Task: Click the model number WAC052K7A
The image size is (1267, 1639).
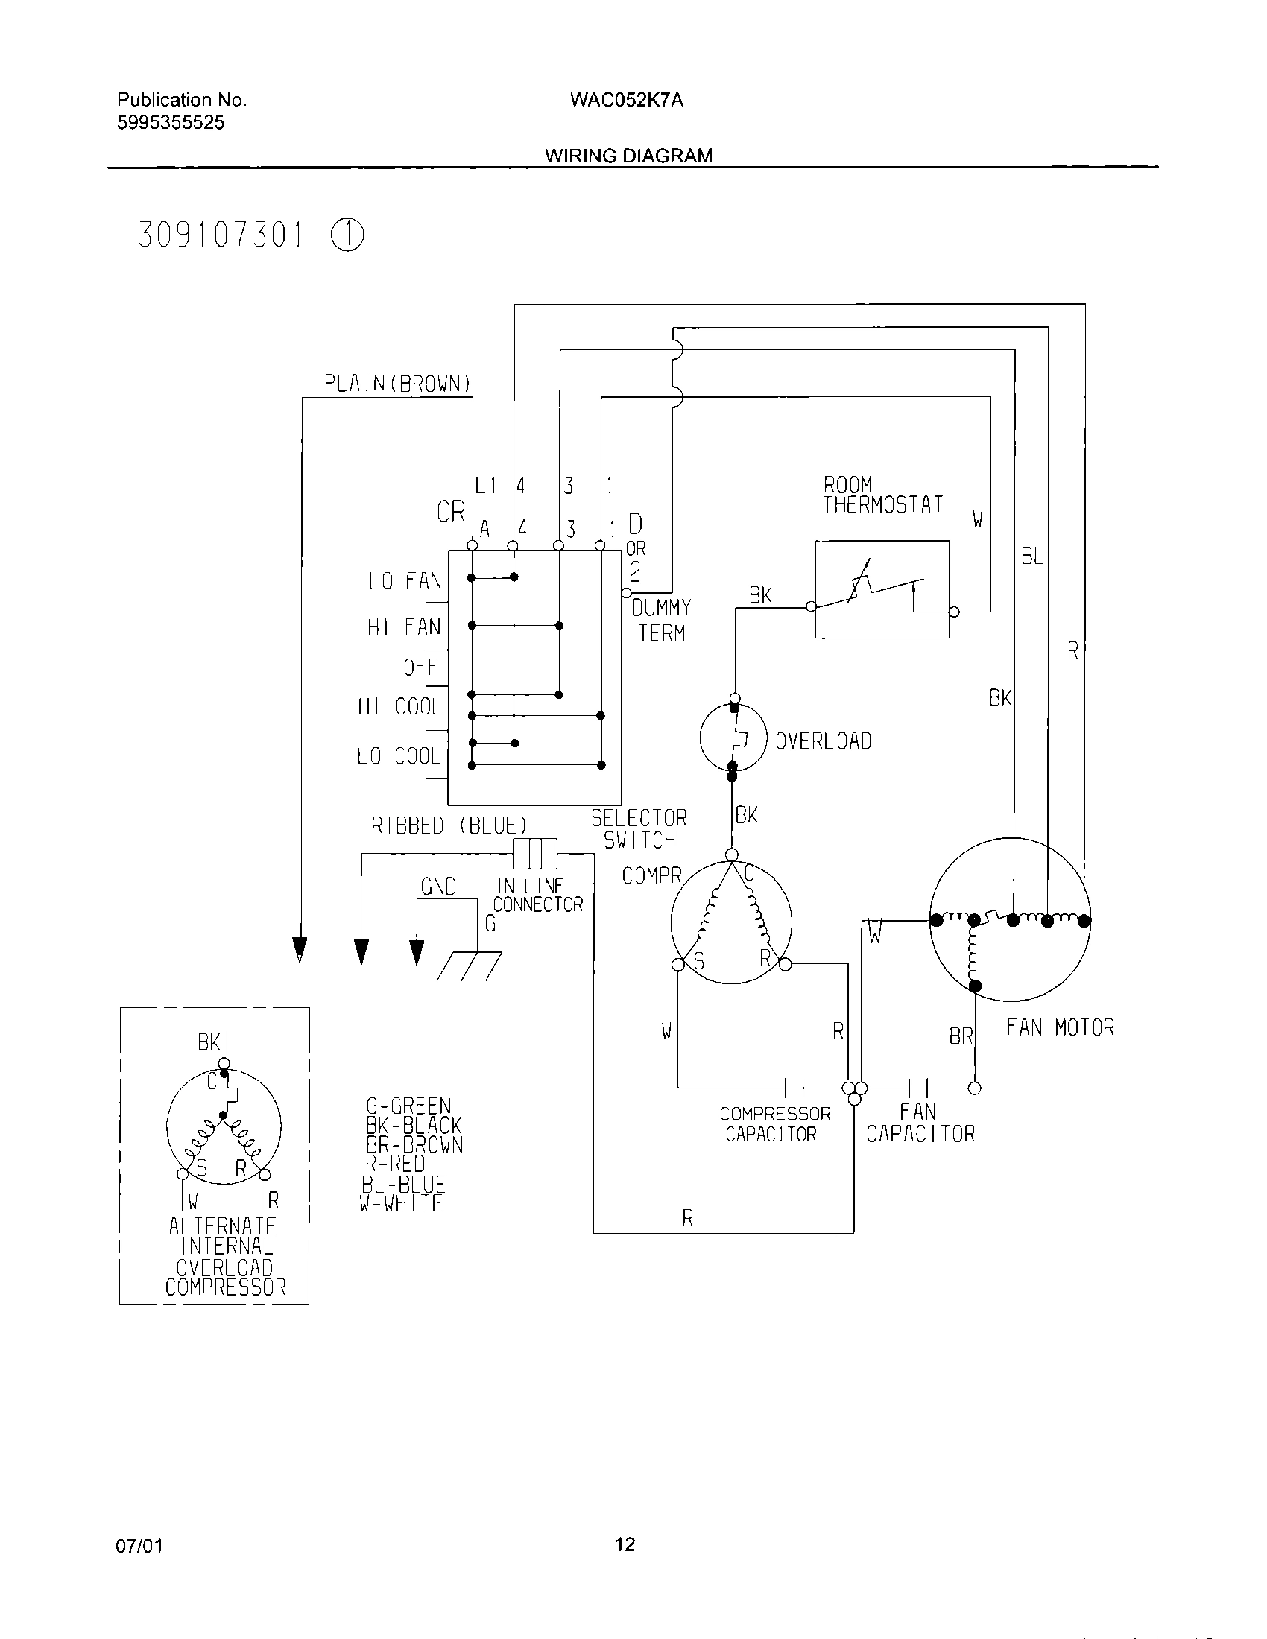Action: click(x=626, y=100)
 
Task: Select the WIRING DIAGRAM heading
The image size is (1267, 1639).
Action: click(x=628, y=156)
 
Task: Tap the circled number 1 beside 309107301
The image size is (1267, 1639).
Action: click(x=347, y=235)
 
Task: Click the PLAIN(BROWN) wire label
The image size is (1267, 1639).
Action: click(x=397, y=384)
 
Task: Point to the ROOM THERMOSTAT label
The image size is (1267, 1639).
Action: click(x=882, y=495)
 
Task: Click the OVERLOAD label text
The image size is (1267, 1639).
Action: click(x=823, y=741)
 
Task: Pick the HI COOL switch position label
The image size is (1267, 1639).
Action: click(x=399, y=707)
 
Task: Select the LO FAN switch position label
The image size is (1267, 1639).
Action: click(x=405, y=581)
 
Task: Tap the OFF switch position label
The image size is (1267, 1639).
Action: click(x=420, y=668)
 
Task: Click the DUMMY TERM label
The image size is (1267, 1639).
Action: click(x=661, y=620)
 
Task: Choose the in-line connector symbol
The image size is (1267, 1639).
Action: click(x=535, y=853)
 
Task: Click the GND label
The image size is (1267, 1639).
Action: click(x=438, y=887)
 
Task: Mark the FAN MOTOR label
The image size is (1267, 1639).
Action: click(x=1060, y=1027)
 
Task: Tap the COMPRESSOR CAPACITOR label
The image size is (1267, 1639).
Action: click(x=774, y=1123)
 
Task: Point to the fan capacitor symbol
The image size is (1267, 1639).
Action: click(x=917, y=1088)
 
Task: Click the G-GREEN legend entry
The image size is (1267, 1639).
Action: click(x=408, y=1106)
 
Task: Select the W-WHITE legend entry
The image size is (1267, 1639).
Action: click(x=401, y=1203)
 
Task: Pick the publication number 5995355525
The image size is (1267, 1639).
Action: click(x=171, y=123)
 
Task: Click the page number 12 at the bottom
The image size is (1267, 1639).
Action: click(x=625, y=1544)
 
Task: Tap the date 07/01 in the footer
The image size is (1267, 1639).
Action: click(x=139, y=1546)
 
